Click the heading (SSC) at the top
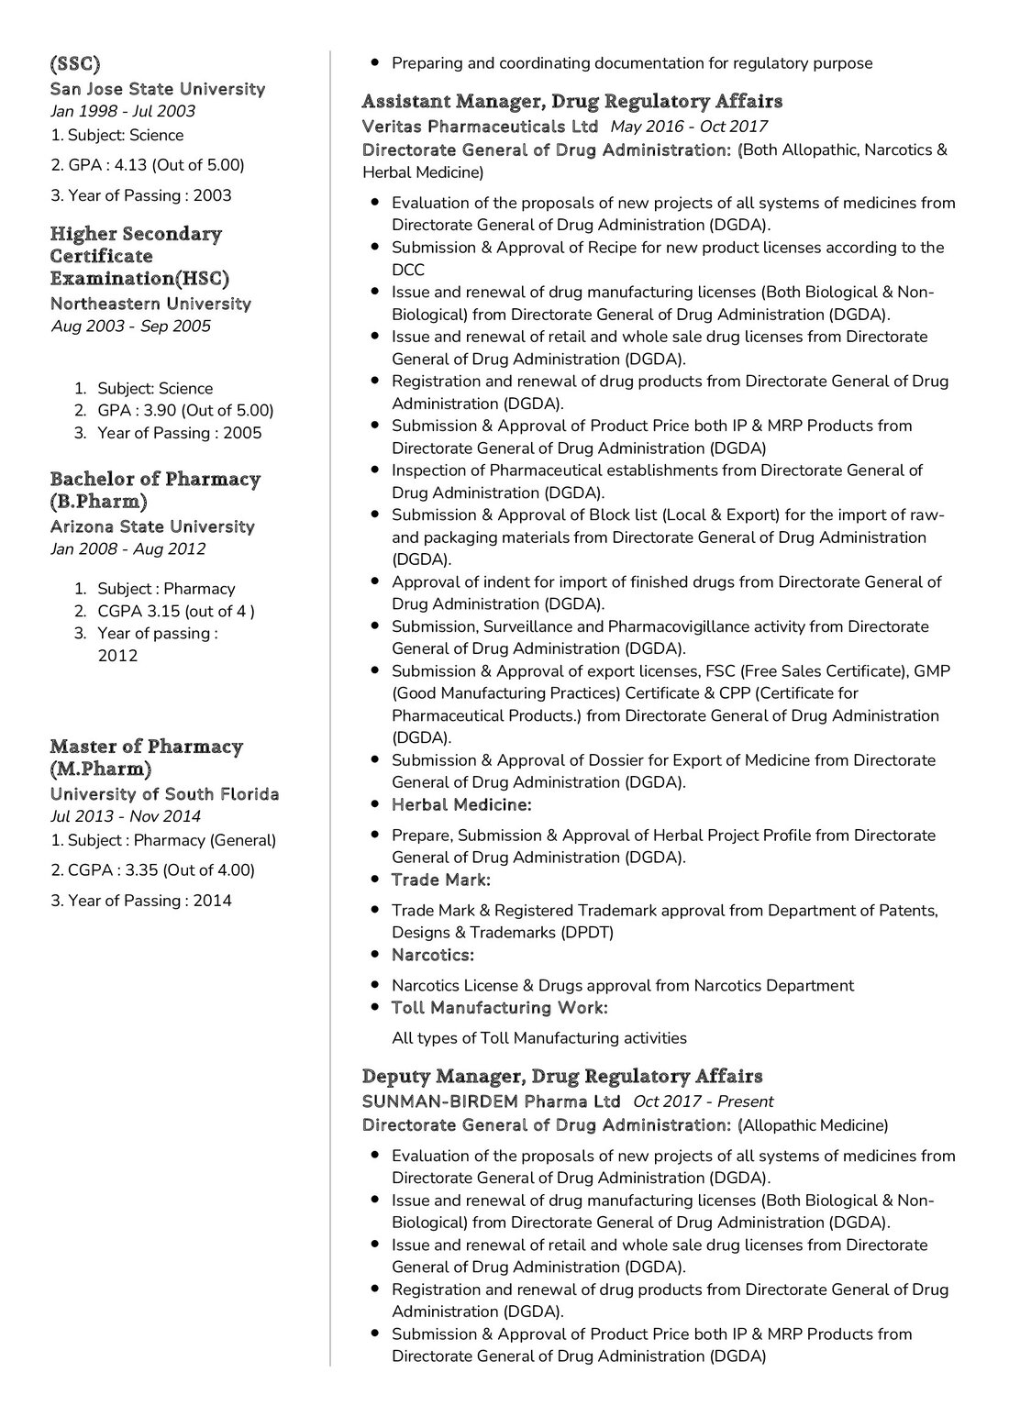click(74, 64)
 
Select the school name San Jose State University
click(157, 89)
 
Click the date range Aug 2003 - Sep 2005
click(130, 326)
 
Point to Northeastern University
click(150, 303)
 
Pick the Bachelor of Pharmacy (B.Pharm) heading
click(155, 490)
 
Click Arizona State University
click(152, 526)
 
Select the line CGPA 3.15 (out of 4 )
click(176, 611)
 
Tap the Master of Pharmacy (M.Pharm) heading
click(146, 758)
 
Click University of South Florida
click(164, 794)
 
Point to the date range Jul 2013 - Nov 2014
click(125, 816)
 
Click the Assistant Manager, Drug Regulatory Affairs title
click(572, 101)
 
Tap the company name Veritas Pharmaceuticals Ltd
click(480, 127)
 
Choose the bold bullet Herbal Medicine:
click(461, 804)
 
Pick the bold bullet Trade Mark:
click(440, 880)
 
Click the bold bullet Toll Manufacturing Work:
click(499, 1008)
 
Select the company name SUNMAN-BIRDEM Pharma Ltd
click(491, 1101)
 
